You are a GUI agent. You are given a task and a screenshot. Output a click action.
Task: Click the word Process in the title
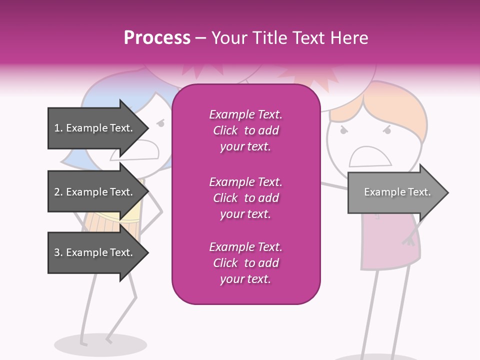(157, 38)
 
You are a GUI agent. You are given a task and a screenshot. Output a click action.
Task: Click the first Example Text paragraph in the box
(245, 130)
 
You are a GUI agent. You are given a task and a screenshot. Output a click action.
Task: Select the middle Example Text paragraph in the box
(245, 197)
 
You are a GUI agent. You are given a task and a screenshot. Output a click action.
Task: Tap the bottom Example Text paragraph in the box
(245, 263)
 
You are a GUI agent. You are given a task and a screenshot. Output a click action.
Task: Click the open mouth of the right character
(370, 157)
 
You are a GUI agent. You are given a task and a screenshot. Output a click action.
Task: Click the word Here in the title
(348, 38)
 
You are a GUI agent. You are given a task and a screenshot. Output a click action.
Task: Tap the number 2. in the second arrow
(58, 192)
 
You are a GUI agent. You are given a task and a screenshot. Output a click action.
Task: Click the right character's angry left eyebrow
(344, 129)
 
